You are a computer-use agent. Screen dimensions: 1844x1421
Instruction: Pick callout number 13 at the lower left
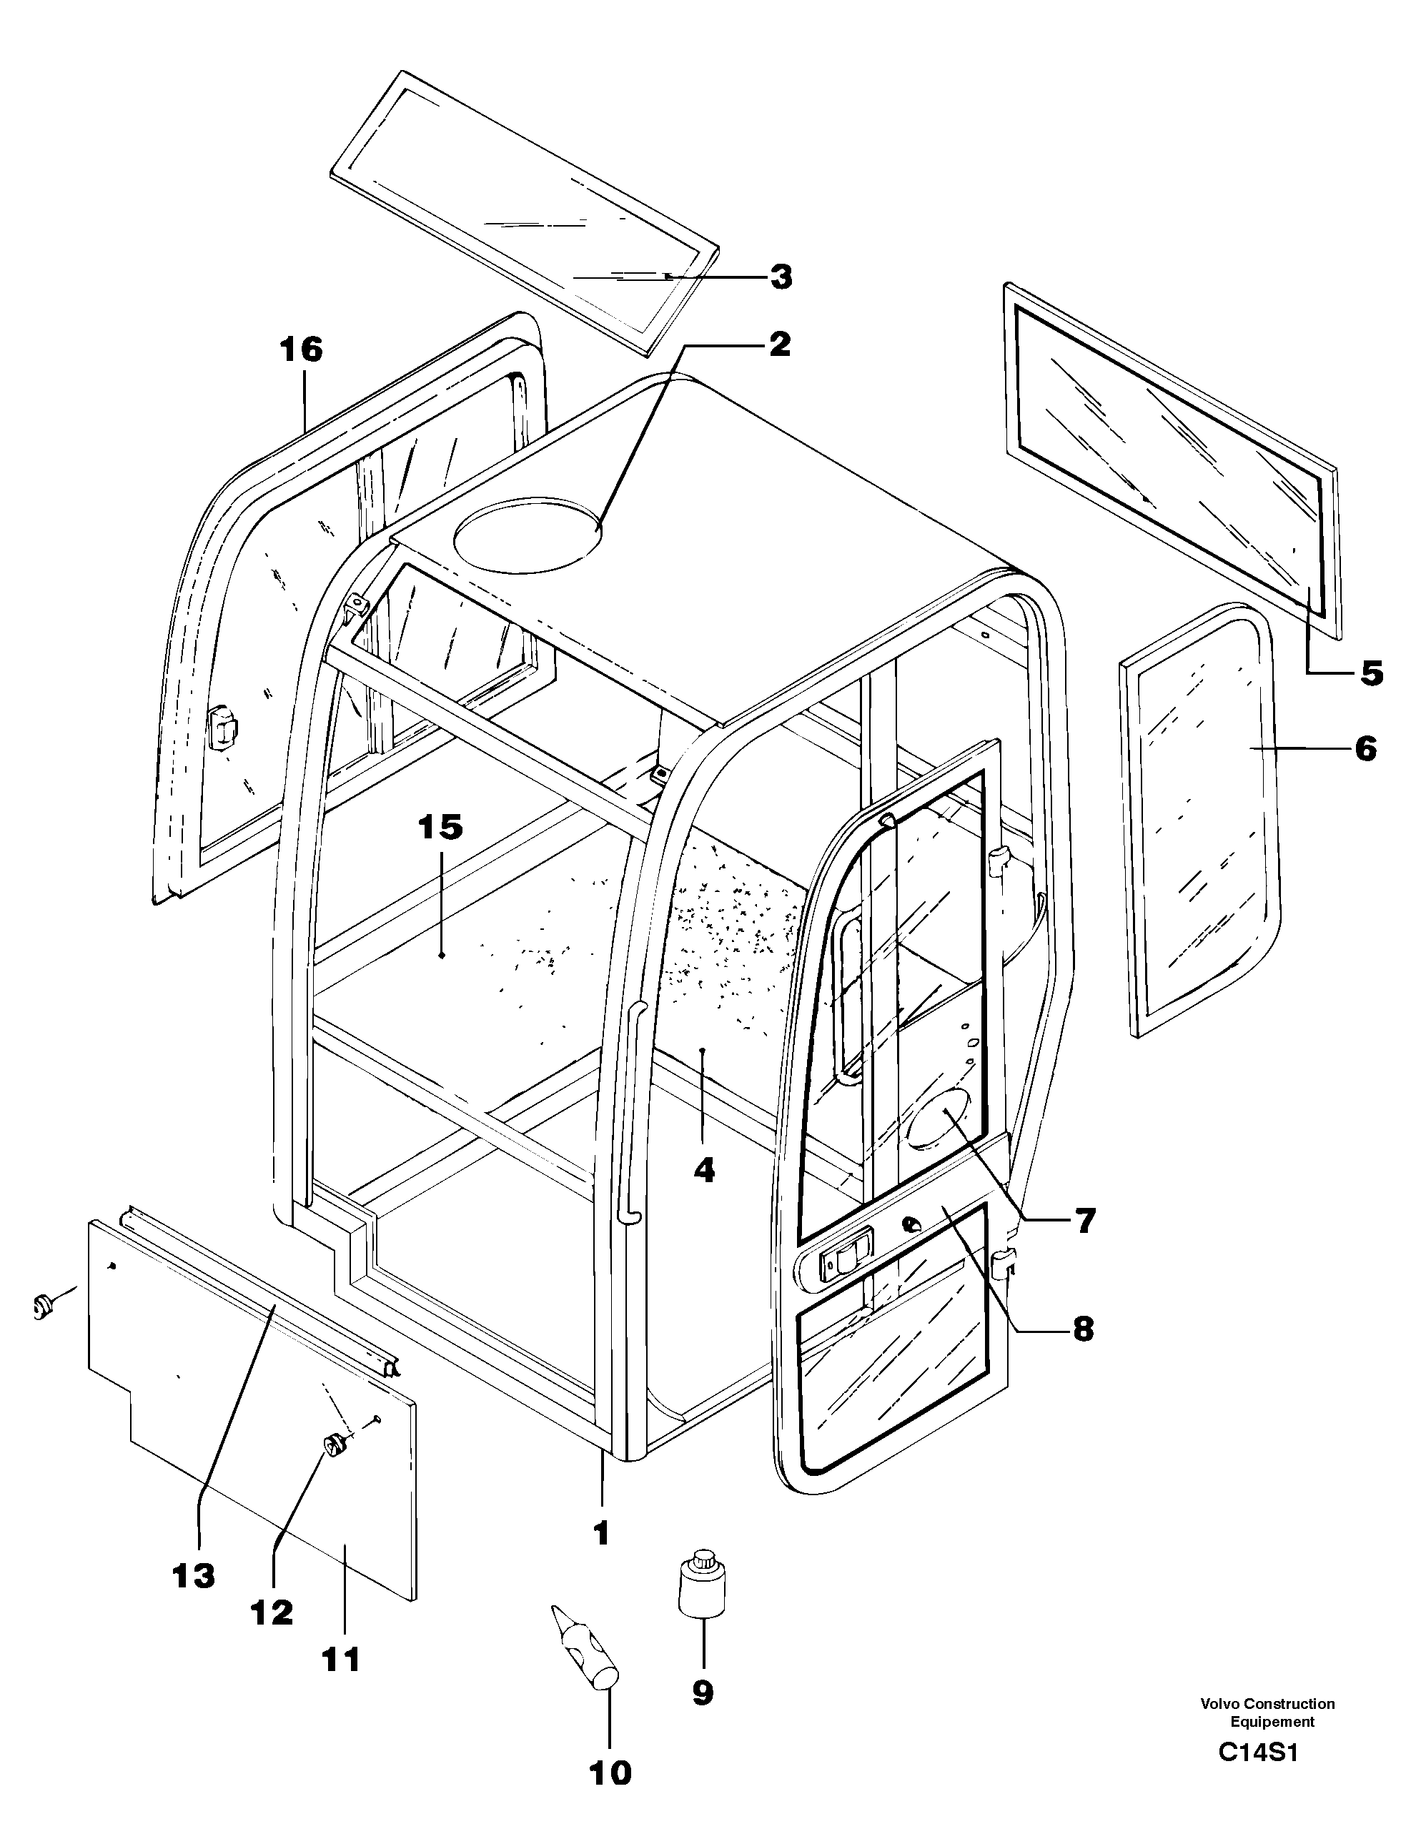[194, 1575]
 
